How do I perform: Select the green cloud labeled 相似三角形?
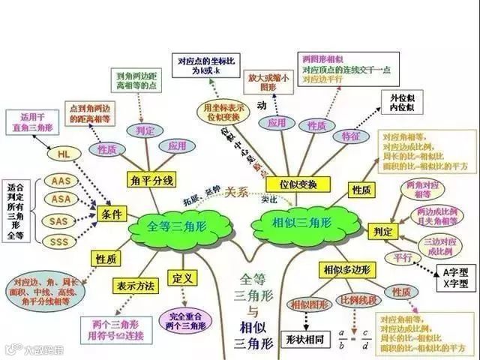tap(298, 222)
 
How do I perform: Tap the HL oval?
tap(63, 154)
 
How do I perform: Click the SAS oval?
tap(58, 221)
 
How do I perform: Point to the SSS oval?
tap(58, 241)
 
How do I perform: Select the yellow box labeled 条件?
tap(107, 215)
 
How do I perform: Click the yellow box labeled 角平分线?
tap(151, 180)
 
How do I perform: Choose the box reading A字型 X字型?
tap(456, 278)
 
